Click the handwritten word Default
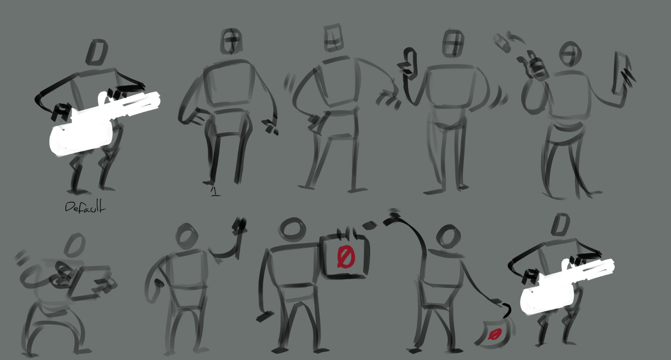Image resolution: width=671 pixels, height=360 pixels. [85, 207]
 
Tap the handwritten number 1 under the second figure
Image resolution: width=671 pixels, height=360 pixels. [216, 192]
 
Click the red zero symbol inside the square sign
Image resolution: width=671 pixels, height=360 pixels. [346, 257]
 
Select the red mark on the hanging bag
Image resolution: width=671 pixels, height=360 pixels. [495, 334]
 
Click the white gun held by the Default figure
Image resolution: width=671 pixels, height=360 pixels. [102, 125]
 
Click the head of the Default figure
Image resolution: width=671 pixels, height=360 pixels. [97, 52]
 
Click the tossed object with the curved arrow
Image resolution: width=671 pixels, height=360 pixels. [502, 43]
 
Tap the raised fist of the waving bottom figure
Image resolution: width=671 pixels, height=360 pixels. [240, 226]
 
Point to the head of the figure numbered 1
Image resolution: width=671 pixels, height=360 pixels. [231, 41]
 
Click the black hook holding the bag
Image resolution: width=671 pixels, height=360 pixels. [506, 310]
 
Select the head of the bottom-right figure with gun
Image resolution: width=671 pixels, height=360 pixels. [561, 225]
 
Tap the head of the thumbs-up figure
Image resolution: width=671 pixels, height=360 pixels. [453, 43]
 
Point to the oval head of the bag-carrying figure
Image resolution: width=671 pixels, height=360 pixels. [448, 237]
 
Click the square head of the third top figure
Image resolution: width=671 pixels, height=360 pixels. [333, 37]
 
